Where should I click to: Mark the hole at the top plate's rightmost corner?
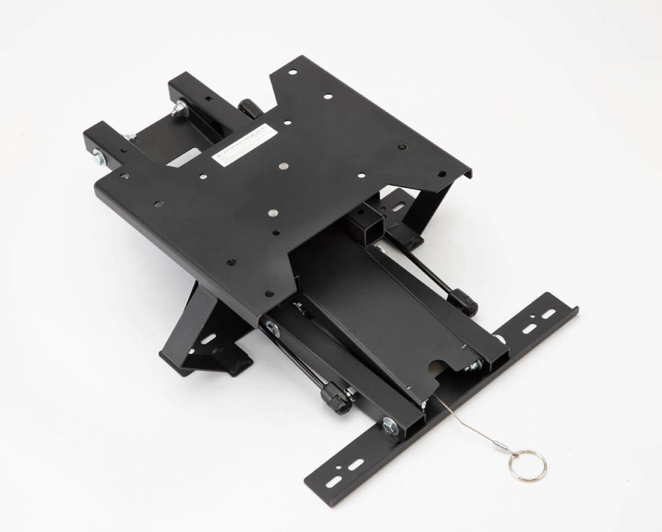pos(442,173)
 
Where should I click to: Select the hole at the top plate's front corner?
pos(231,263)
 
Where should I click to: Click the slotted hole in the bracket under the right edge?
pos(395,209)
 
